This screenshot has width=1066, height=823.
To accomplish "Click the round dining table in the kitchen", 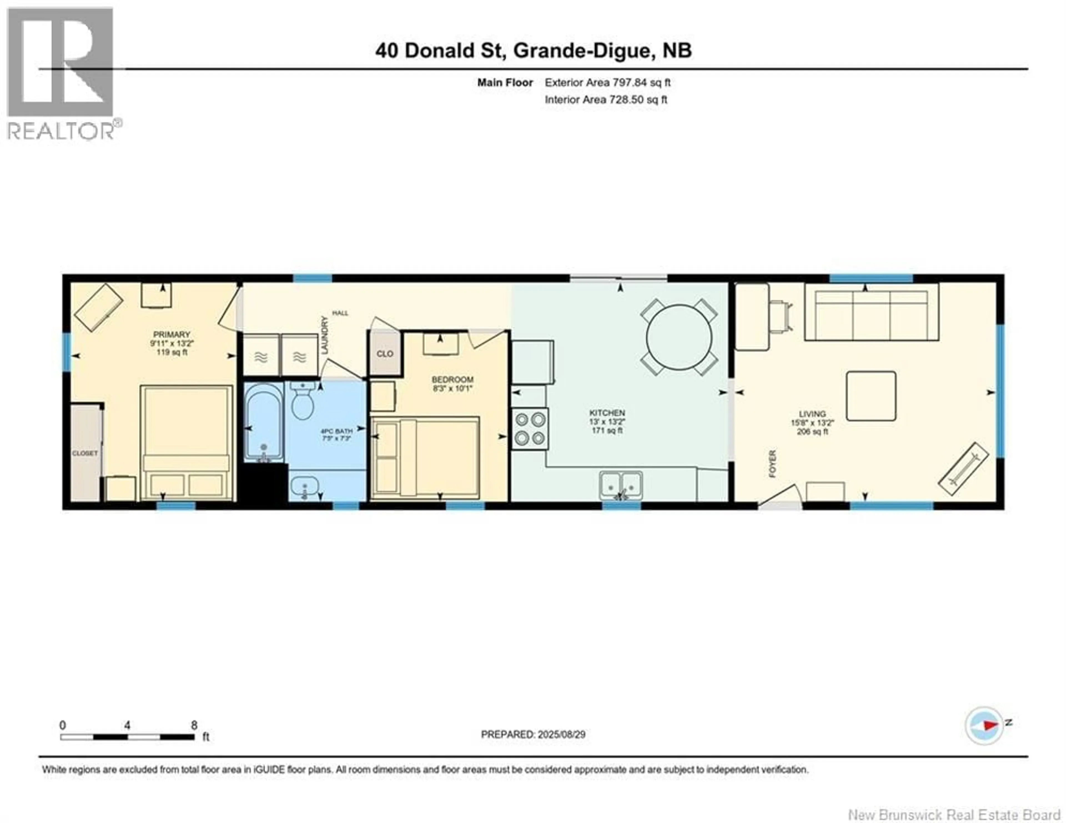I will click(679, 337).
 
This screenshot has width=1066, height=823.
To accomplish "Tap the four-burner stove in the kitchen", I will click(530, 429).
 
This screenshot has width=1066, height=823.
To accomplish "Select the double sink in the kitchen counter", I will click(621, 485).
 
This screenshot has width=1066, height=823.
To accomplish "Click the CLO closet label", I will click(384, 353).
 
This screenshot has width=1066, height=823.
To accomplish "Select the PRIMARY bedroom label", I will click(171, 334).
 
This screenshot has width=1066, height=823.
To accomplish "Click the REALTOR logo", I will click(61, 73).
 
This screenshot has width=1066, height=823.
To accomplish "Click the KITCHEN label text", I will click(607, 413).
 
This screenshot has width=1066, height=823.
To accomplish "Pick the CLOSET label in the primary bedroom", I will click(85, 453).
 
